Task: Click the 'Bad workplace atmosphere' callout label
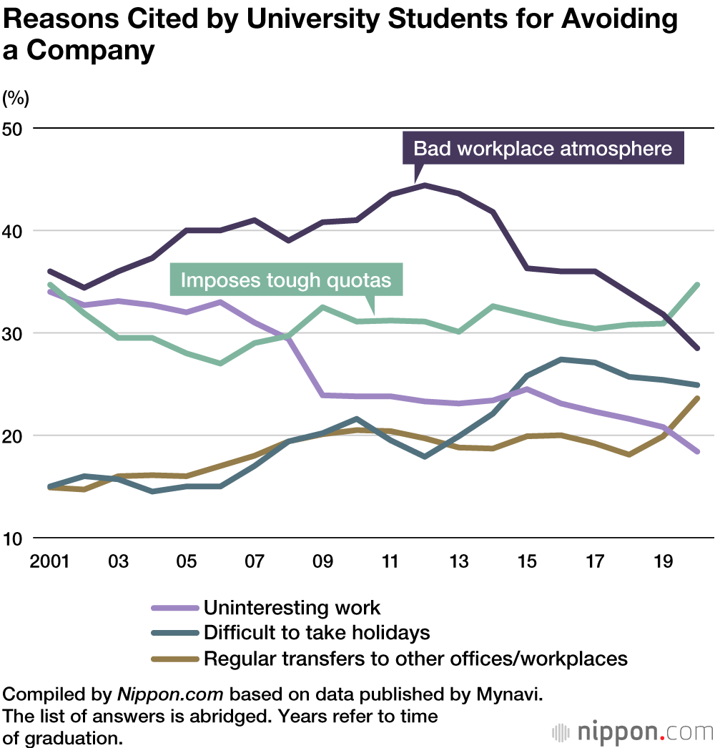click(543, 148)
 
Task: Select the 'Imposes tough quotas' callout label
click(286, 279)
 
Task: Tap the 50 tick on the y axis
click(13, 129)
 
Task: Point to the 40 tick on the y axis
click(13, 231)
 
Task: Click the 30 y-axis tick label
click(13, 333)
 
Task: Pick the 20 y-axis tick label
click(13, 435)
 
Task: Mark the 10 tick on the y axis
click(13, 538)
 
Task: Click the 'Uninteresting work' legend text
click(292, 608)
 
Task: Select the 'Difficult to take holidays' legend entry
click(317, 632)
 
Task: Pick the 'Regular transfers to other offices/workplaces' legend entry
click(415, 658)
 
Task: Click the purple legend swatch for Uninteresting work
click(174, 608)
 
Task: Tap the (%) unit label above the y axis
click(16, 98)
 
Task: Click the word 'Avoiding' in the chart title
click(618, 20)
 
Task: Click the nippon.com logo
click(633, 732)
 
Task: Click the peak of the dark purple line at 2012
click(425, 185)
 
